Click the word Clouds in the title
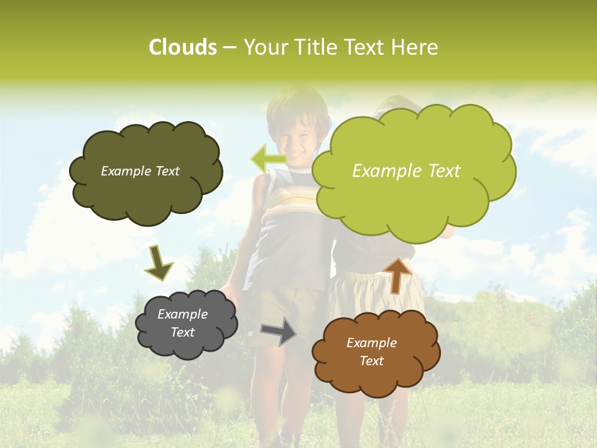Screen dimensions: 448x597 [x=182, y=47]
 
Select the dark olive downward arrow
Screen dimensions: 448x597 [x=159, y=263]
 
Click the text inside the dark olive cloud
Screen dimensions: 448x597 [x=140, y=171]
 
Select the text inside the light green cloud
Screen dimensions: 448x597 [x=406, y=171]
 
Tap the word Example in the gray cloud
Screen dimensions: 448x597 [x=182, y=314]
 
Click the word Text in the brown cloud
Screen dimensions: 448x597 [x=371, y=361]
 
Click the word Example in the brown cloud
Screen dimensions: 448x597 [x=371, y=343]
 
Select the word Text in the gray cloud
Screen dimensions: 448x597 [x=182, y=332]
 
